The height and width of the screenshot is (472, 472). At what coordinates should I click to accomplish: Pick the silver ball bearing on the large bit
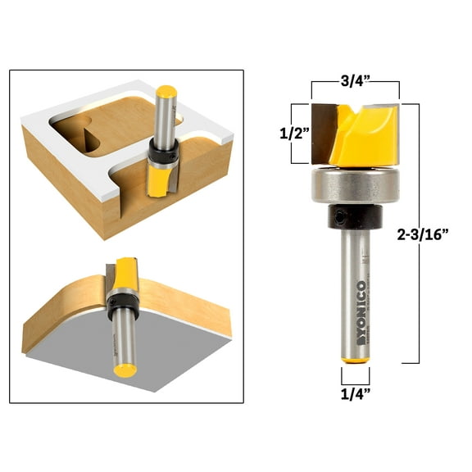tap(356, 188)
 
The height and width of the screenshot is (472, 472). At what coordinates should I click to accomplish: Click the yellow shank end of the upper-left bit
tap(167, 93)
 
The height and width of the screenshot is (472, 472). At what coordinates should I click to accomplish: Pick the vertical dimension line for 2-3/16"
tap(419, 234)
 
